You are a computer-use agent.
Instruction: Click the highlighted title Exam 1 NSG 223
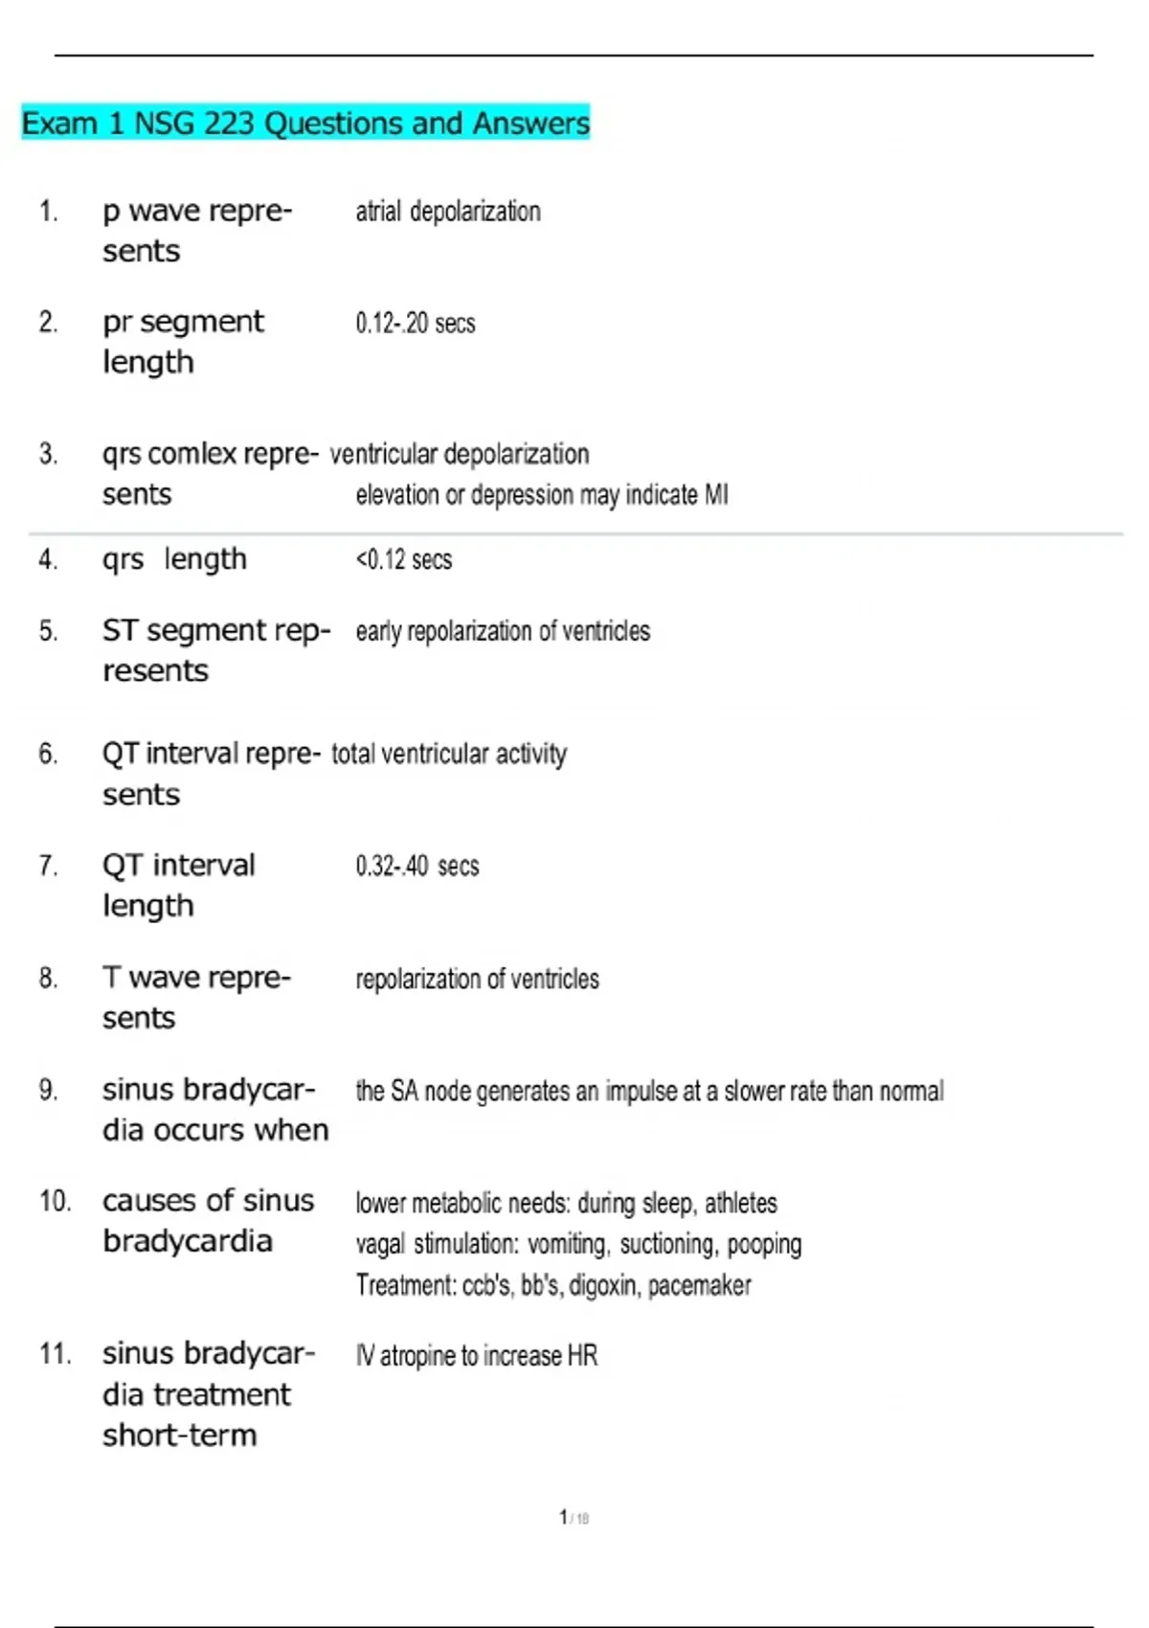coord(304,124)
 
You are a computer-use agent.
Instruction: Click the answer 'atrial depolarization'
coord(448,212)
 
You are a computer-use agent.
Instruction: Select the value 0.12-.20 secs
coord(416,324)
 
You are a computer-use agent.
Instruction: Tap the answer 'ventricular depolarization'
coord(460,454)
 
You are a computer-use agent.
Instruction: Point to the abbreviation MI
coord(716,495)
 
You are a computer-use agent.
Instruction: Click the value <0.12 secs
coord(404,559)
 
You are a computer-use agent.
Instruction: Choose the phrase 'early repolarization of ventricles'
coord(503,632)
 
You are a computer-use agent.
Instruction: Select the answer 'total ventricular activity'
coord(449,755)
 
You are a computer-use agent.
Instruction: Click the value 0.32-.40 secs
coord(417,867)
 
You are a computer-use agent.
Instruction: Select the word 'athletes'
coord(741,1203)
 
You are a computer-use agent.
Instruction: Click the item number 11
coord(55,1354)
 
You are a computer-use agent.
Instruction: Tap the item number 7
coord(48,867)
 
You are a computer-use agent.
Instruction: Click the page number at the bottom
coord(564,1518)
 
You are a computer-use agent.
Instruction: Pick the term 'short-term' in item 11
coord(180,1436)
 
